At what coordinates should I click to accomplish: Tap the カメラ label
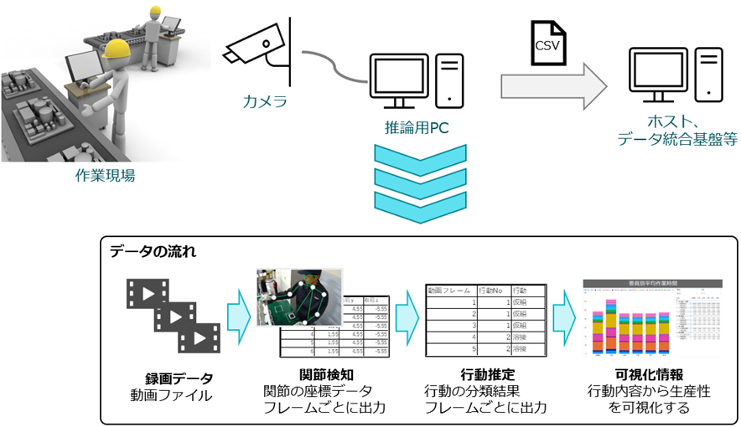click(x=265, y=102)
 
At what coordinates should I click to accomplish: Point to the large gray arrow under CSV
click(x=552, y=87)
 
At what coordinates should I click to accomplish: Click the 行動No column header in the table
click(x=491, y=291)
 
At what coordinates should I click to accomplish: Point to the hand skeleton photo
click(x=299, y=298)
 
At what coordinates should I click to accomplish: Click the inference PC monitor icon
click(x=402, y=79)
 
